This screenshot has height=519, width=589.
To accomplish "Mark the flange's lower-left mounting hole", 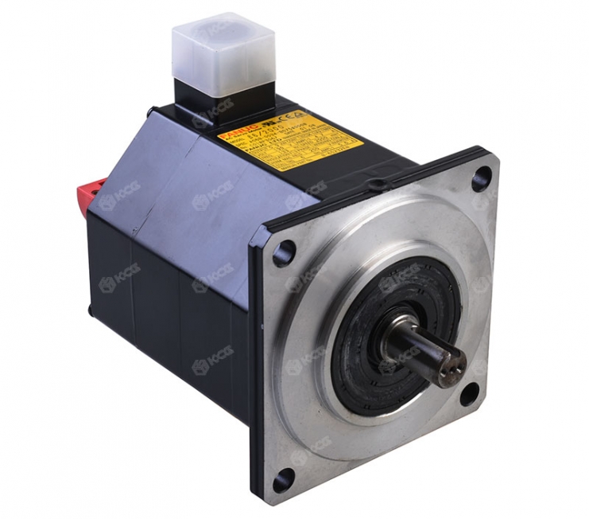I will coord(280,482).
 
